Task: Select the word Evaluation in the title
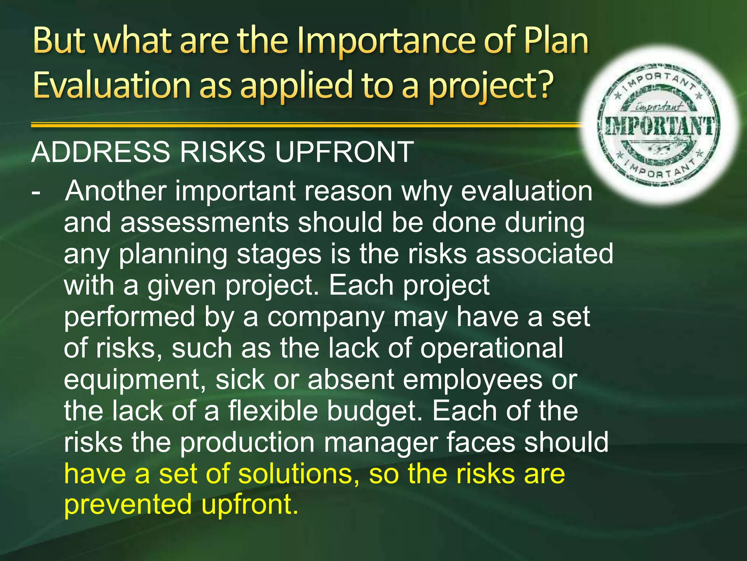111,85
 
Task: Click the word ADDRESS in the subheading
101,152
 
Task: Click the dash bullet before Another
36,191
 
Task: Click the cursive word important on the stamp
659,107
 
